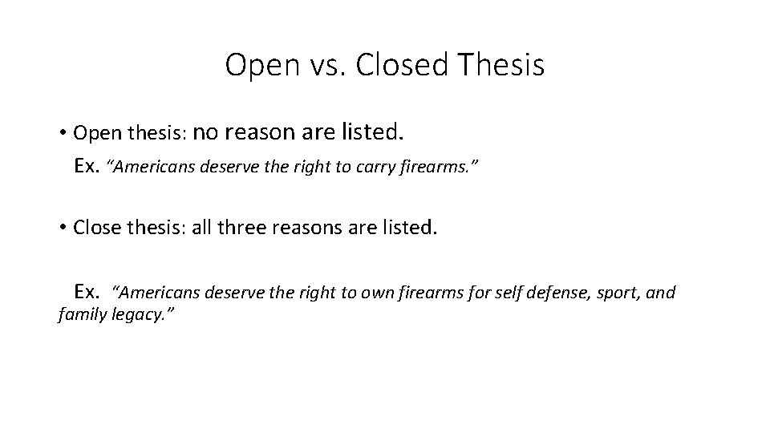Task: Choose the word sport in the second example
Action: [x=618, y=293]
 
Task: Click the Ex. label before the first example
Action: [x=87, y=166]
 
